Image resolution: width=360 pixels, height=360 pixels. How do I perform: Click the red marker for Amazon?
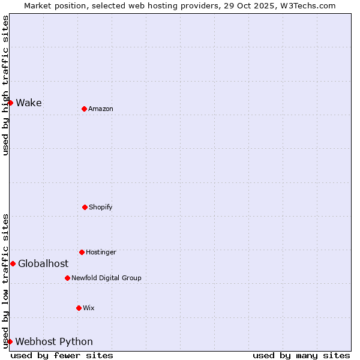click(84, 109)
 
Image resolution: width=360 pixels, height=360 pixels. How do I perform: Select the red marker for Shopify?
click(85, 207)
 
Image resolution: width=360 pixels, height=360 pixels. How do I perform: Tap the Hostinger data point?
click(82, 252)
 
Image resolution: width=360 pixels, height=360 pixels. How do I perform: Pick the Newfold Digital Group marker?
click(67, 278)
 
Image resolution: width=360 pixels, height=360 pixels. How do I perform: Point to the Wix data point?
click(79, 308)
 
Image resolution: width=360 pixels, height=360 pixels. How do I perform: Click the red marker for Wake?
click(10, 103)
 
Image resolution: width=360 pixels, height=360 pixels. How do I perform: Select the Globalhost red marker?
click(13, 263)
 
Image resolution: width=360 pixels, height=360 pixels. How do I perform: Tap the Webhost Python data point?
click(10, 341)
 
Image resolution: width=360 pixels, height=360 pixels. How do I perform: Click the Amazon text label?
click(101, 109)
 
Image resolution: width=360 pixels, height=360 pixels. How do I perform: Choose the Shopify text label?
click(101, 207)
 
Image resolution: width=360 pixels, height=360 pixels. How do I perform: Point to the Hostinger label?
click(101, 252)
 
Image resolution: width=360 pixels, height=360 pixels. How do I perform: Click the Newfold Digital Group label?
click(106, 278)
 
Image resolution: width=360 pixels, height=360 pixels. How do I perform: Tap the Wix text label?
click(89, 308)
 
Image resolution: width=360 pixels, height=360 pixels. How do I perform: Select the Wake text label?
click(29, 103)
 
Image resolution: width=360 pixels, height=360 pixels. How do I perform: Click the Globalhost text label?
click(43, 263)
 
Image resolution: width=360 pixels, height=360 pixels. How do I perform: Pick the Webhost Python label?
click(54, 341)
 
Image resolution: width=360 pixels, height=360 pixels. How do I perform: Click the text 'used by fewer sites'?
click(62, 355)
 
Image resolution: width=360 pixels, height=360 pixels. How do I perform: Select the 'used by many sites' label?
click(301, 355)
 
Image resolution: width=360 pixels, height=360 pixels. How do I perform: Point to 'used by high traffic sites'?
click(5, 85)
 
